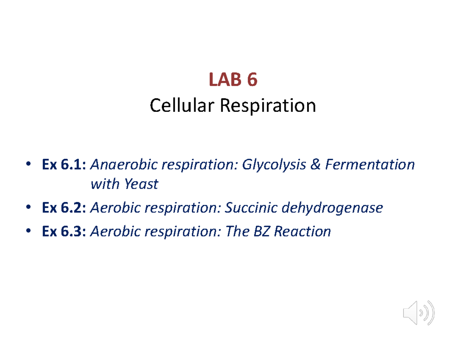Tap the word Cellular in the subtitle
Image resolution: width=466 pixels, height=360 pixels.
click(x=183, y=105)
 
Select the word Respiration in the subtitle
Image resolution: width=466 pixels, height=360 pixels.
click(x=268, y=105)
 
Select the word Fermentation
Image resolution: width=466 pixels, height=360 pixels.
click(x=370, y=165)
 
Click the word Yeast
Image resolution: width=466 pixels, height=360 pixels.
click(x=141, y=184)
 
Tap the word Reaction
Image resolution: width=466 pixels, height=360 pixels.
click(x=304, y=232)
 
